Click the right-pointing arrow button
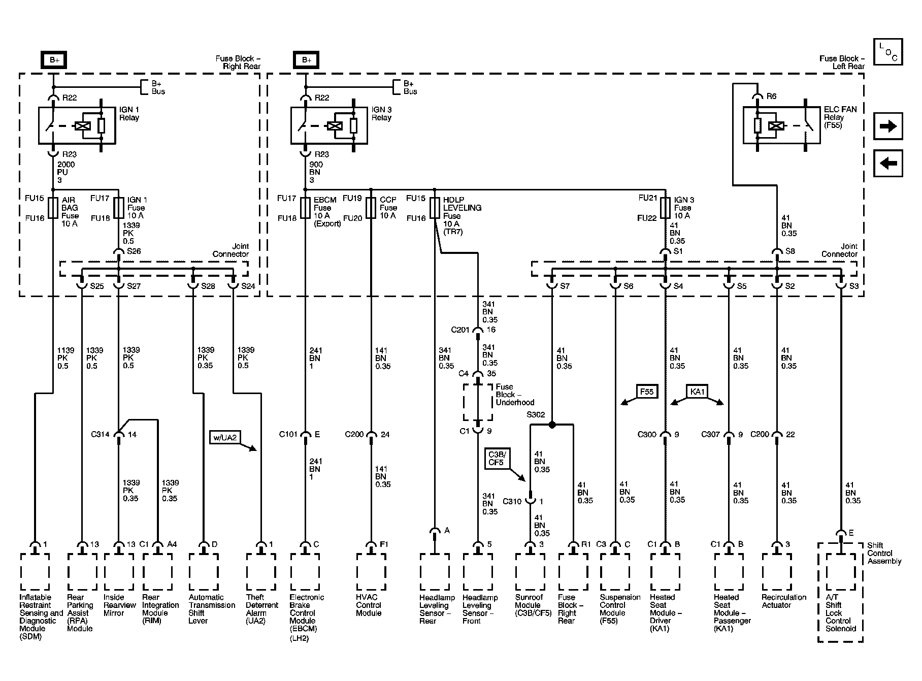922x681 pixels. [x=888, y=126]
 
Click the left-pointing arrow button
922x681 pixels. [x=888, y=164]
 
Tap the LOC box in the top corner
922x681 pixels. [x=888, y=53]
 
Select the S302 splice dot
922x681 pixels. [x=552, y=425]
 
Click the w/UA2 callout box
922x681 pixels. [x=225, y=437]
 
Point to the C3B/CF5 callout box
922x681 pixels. [x=496, y=458]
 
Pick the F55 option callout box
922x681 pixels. [x=646, y=392]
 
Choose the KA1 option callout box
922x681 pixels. [x=698, y=392]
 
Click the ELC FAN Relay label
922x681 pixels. [x=840, y=117]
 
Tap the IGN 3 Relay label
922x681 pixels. [x=382, y=114]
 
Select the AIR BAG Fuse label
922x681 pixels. [x=70, y=212]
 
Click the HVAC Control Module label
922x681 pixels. [x=369, y=605]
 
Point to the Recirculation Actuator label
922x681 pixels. [x=784, y=601]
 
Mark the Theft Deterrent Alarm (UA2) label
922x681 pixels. [x=262, y=609]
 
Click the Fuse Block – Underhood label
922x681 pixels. [x=515, y=395]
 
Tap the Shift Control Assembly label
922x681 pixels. [x=884, y=553]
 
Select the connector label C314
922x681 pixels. [x=101, y=434]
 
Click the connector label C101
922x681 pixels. [x=288, y=434]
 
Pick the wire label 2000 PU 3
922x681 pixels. [x=66, y=172]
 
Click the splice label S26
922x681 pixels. [x=134, y=251]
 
